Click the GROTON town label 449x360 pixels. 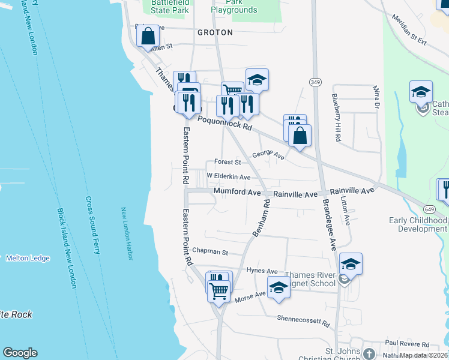[x=214, y=32]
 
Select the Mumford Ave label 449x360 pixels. [x=238, y=193]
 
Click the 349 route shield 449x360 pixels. [x=315, y=82]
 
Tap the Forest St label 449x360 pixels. [x=228, y=162]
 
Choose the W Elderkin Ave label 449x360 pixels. [x=228, y=177]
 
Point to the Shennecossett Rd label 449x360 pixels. [x=304, y=322]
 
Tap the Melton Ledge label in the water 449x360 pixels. [x=28, y=258]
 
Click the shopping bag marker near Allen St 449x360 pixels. [x=148, y=37]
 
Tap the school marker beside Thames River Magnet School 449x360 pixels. [x=351, y=263]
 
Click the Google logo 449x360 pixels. [x=20, y=353]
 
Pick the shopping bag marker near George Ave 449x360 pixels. [x=300, y=135]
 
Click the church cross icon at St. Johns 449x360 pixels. [x=369, y=354]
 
